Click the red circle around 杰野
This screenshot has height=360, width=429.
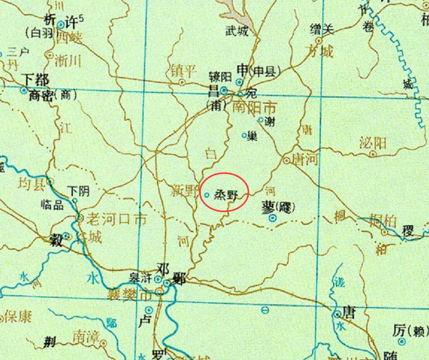point(224,193)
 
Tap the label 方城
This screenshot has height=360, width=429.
point(319,51)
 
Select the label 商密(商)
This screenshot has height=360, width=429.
point(52,95)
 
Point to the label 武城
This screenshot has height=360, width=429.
point(237,31)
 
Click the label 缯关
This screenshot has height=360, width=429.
point(321,30)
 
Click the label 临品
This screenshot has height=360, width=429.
point(52,205)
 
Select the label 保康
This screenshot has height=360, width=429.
point(18,317)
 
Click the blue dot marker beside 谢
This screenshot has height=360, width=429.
point(261,121)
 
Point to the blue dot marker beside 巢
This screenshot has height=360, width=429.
point(244,135)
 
